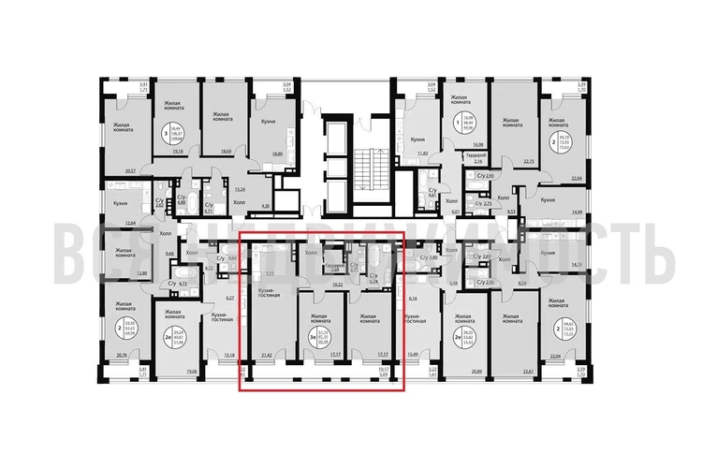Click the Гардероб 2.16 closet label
pos(476,158)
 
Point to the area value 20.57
pos(129,172)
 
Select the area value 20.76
pos(122,357)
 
